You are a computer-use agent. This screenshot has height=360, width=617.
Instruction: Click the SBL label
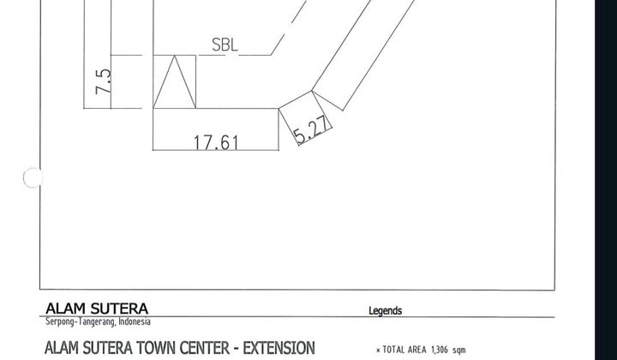point(225,45)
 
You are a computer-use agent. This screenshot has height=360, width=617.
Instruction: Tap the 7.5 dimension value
point(104,81)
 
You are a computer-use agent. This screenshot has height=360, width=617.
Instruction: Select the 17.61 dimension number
point(216,142)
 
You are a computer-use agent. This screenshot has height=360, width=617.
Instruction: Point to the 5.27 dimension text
point(311,129)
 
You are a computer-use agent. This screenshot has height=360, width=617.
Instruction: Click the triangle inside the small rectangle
point(174,81)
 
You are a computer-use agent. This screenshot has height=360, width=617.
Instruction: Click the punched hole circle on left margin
point(33,177)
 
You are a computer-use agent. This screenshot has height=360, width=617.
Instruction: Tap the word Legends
point(386,311)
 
